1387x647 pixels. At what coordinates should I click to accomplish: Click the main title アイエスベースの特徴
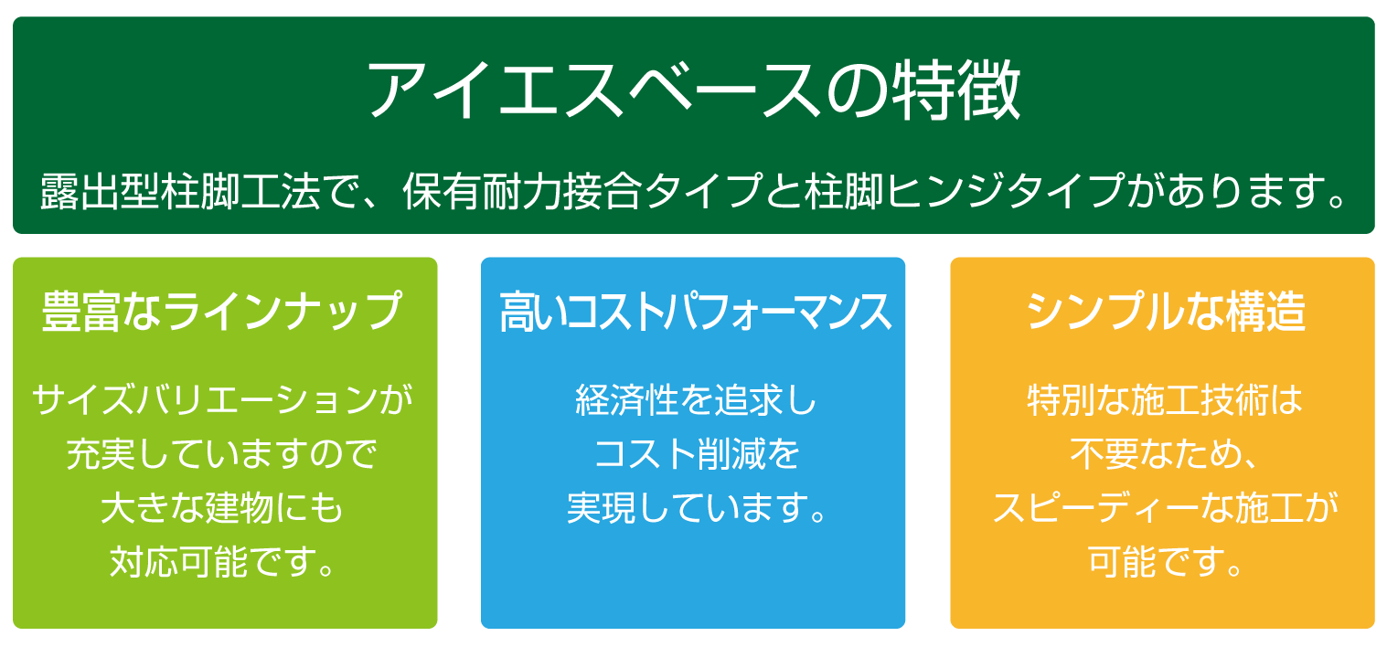[x=693, y=91]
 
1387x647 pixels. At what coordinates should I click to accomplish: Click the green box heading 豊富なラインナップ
[x=223, y=312]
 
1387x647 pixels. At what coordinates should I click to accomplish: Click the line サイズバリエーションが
[x=223, y=400]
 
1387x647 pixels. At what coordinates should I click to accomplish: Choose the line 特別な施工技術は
[x=1165, y=400]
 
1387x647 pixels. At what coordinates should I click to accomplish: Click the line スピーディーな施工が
[x=1165, y=508]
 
